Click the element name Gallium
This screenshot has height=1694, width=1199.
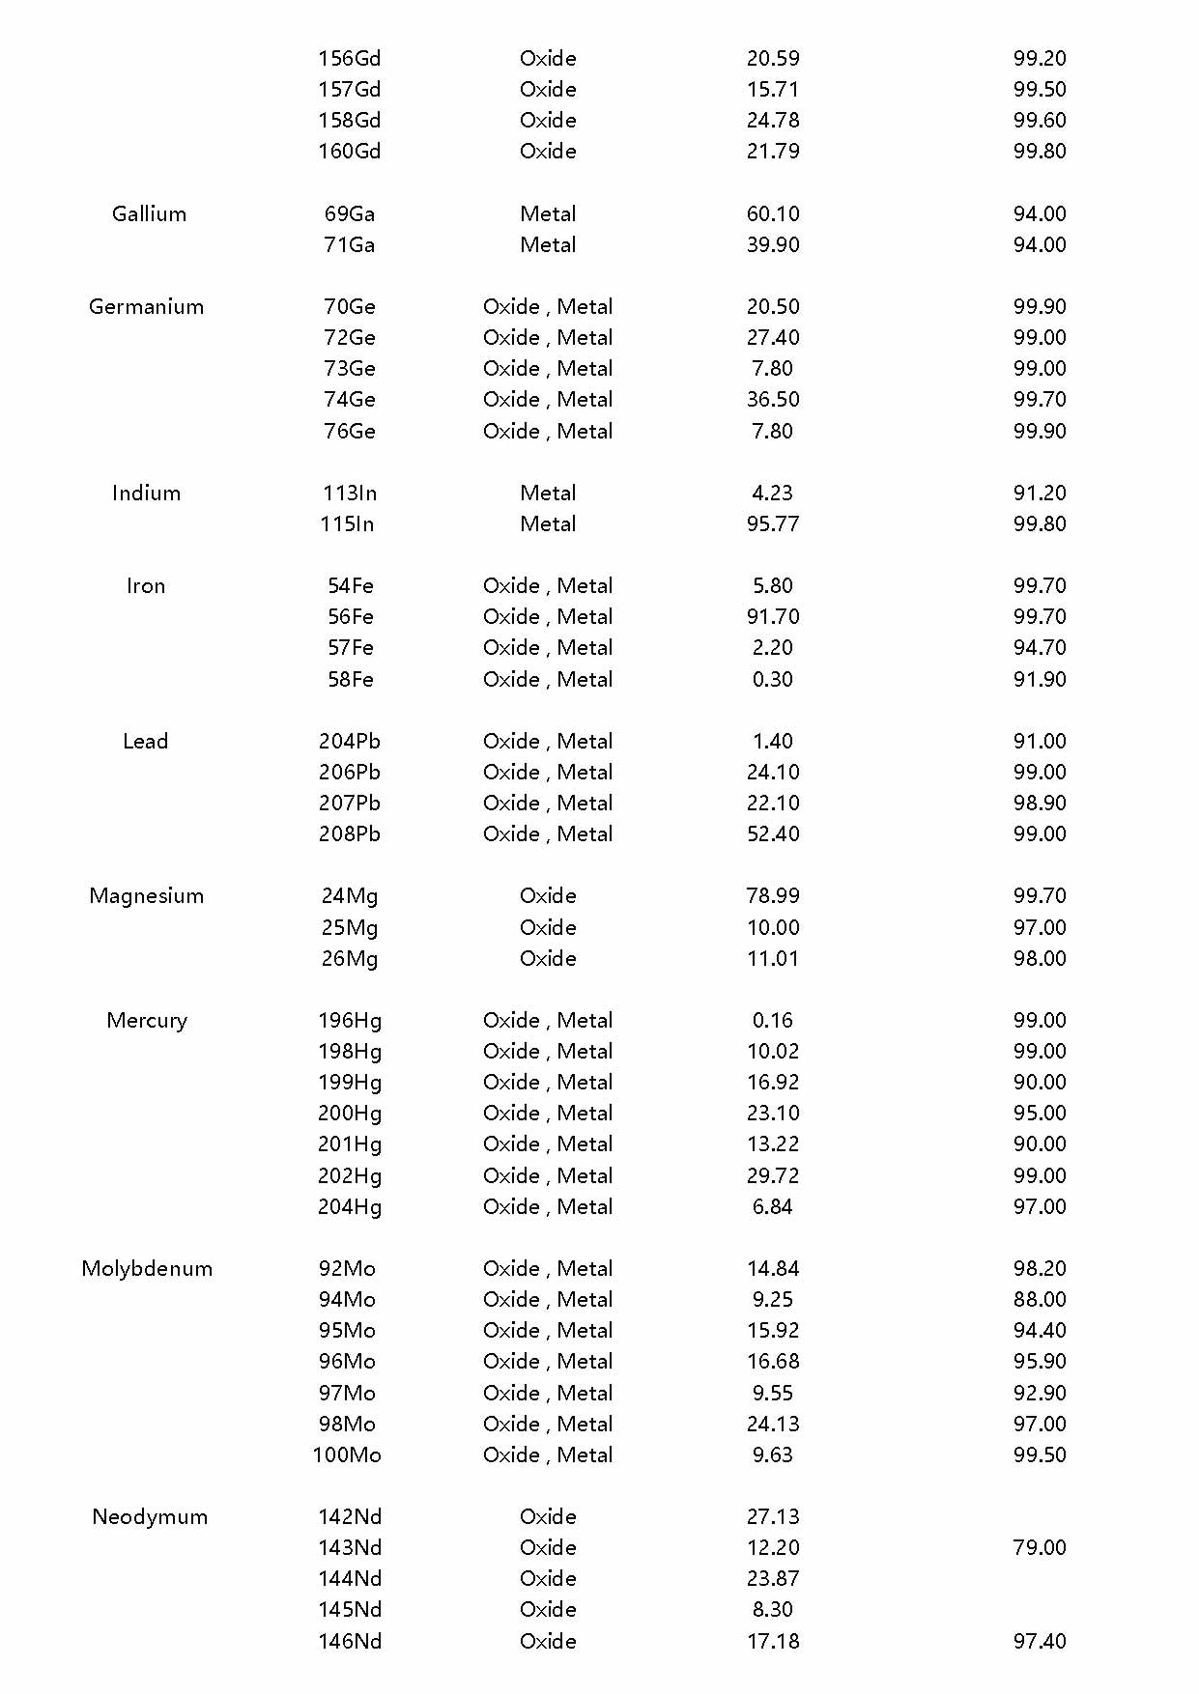pyautogui.click(x=149, y=213)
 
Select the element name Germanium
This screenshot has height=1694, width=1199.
pyautogui.click(x=146, y=306)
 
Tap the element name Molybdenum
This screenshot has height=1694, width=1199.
pyautogui.click(x=147, y=1268)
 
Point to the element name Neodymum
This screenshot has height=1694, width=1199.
pyautogui.click(x=150, y=1516)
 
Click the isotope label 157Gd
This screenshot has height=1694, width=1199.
pyautogui.click(x=350, y=89)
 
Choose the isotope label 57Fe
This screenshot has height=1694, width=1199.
pyautogui.click(x=350, y=647)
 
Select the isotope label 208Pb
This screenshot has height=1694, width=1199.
pyautogui.click(x=350, y=833)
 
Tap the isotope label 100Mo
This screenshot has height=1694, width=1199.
pyautogui.click(x=347, y=1454)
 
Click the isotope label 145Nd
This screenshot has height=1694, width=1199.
pyautogui.click(x=350, y=1609)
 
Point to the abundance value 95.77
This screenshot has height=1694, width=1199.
pyautogui.click(x=773, y=523)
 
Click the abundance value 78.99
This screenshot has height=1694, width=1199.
pyautogui.click(x=773, y=895)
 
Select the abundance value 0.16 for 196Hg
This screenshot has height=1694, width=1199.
pyautogui.click(x=773, y=1020)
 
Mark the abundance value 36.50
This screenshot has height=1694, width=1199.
pyautogui.click(x=773, y=399)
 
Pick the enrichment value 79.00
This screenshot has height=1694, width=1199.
pyautogui.click(x=1040, y=1547)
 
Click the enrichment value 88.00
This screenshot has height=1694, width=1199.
pyautogui.click(x=1040, y=1299)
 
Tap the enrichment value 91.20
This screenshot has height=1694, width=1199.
pyautogui.click(x=1040, y=493)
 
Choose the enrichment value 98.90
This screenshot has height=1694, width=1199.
pyautogui.click(x=1040, y=803)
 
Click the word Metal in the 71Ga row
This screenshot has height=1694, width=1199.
pyautogui.click(x=548, y=244)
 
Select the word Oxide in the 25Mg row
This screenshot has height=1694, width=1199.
pyautogui.click(x=548, y=927)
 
